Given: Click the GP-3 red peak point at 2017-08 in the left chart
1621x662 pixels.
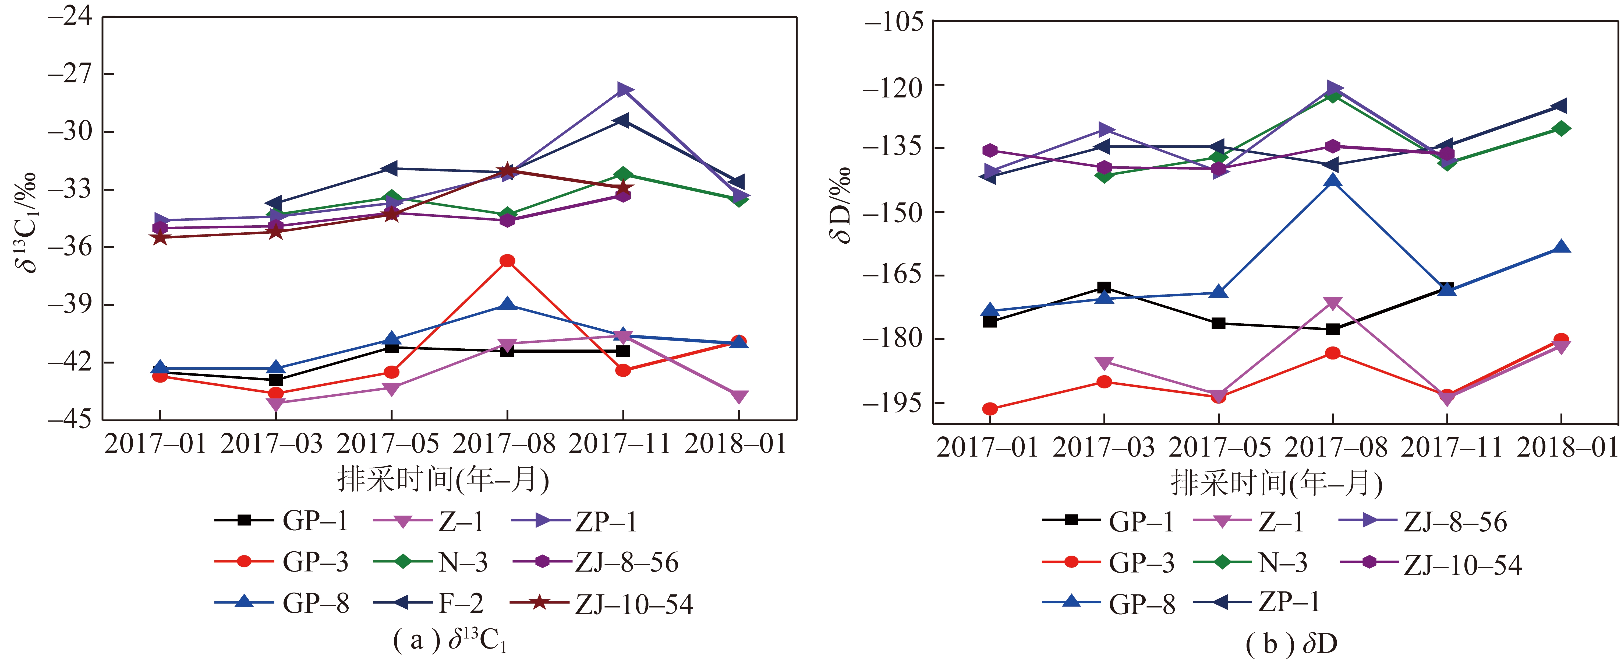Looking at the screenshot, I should click(507, 261).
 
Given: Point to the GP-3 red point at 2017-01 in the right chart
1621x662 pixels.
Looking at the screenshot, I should click(990, 409).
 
